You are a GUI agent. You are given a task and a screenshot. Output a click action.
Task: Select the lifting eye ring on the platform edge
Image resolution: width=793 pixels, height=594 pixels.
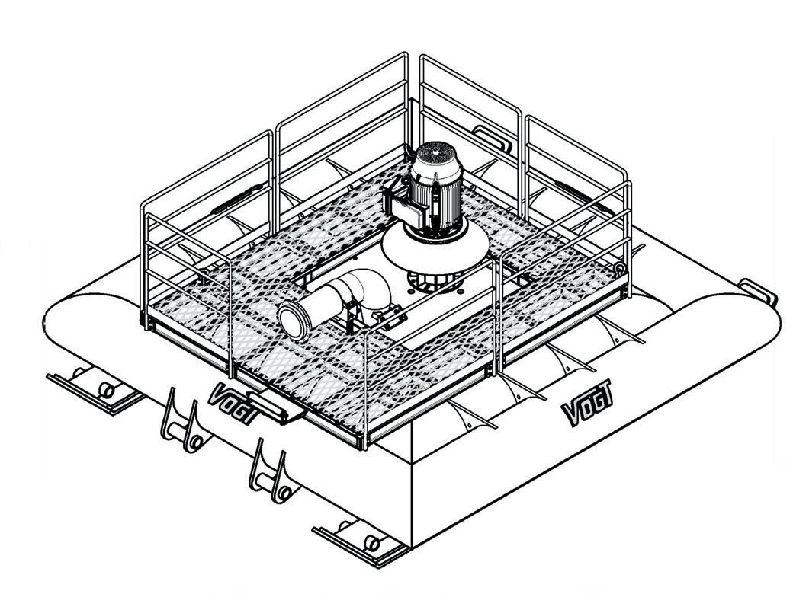tap(620, 268)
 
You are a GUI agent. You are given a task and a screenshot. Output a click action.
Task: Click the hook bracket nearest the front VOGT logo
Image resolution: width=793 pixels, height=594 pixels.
tap(179, 423)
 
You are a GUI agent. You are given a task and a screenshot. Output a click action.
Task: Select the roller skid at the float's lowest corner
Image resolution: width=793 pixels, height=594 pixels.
tap(358, 538)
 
